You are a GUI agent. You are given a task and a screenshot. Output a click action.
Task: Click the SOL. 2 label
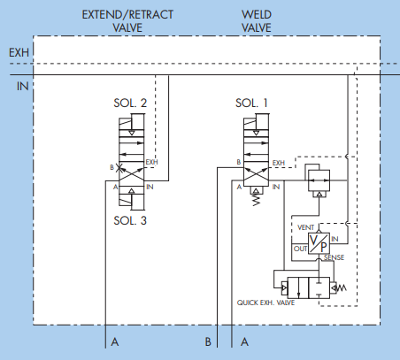coord(130,103)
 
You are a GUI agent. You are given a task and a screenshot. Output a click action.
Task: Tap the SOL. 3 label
coord(130,220)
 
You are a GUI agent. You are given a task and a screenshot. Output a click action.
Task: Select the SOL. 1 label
coord(251,103)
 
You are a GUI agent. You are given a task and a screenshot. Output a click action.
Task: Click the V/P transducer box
coord(319,243)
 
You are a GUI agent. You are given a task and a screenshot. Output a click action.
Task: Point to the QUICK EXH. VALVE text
coord(265,303)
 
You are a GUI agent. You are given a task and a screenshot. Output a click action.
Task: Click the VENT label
coord(305,227)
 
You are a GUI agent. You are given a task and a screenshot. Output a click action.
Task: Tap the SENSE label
coord(334,257)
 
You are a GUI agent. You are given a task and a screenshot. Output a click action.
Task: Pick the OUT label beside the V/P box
coord(300,249)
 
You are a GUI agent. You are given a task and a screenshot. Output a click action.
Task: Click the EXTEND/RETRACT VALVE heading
coord(127,21)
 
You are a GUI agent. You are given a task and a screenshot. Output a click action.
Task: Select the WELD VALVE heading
coord(257,21)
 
